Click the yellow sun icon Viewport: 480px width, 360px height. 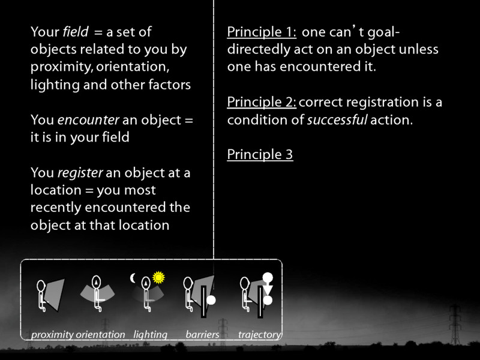[x=158, y=277]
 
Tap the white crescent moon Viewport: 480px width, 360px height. [x=134, y=278]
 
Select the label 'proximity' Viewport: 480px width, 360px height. [x=52, y=335]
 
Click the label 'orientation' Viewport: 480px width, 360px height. [x=100, y=335]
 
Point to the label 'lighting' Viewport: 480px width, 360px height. [x=150, y=335]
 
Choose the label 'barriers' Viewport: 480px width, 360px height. [x=202, y=335]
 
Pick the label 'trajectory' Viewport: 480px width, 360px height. [x=259, y=335]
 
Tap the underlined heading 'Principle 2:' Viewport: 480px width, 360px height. [x=262, y=103]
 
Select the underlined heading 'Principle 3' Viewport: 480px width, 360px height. [x=260, y=155]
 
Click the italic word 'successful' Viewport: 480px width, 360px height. [x=337, y=120]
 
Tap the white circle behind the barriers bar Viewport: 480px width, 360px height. [x=211, y=298]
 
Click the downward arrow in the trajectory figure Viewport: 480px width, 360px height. [x=268, y=289]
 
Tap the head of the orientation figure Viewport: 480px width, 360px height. [x=96, y=281]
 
